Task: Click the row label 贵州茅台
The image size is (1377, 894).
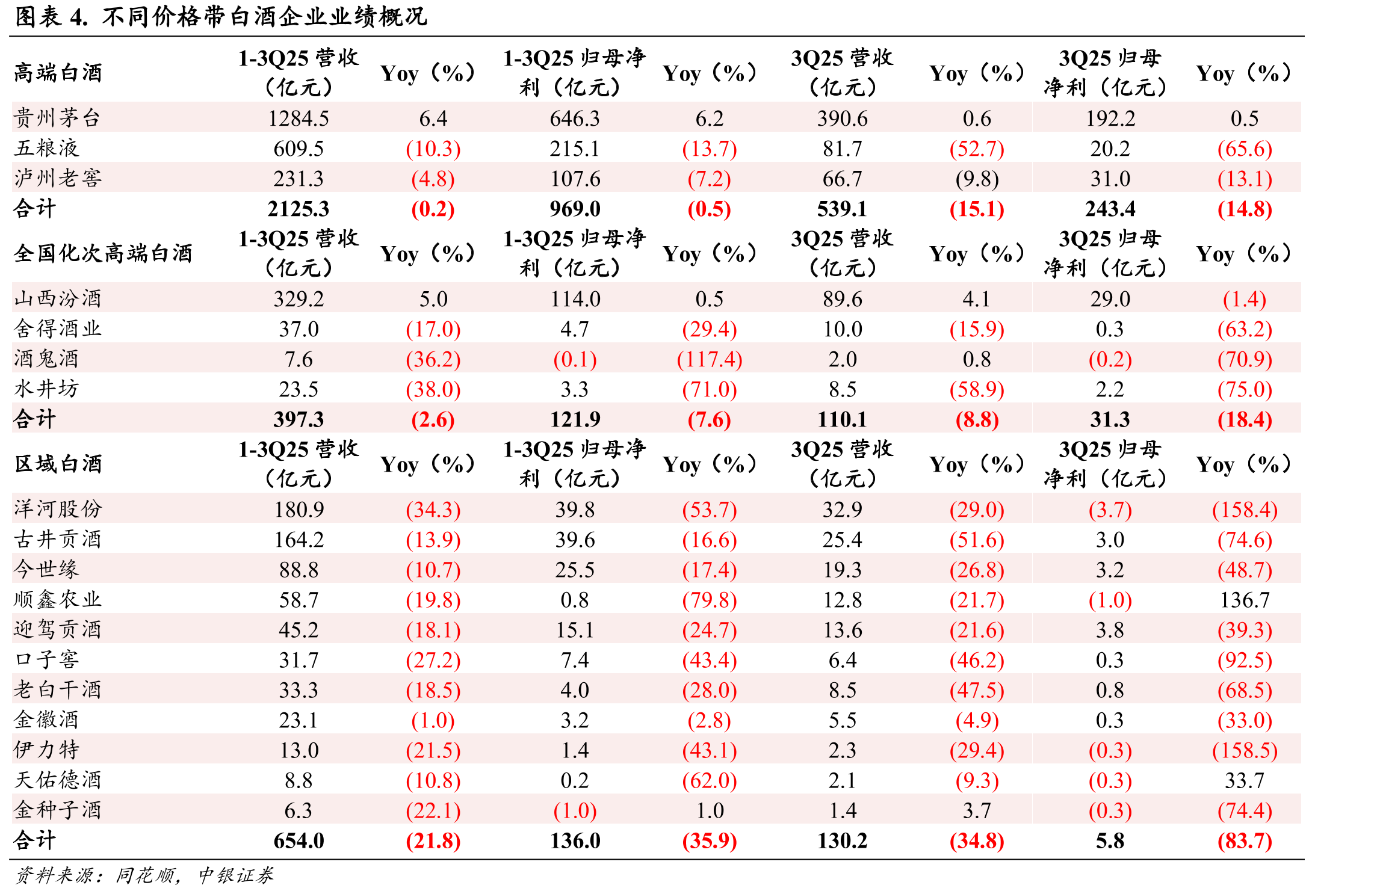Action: (57, 118)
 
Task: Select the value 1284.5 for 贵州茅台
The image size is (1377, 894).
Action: (299, 119)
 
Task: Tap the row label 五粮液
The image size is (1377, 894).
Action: (46, 148)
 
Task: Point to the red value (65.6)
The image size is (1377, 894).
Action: (1245, 149)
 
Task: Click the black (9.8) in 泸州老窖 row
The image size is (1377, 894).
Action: (977, 179)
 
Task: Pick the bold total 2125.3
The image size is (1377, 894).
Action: (299, 209)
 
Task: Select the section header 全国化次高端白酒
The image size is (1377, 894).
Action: (103, 253)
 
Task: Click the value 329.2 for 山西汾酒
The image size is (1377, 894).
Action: (299, 299)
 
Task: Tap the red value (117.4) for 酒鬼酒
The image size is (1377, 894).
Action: (710, 359)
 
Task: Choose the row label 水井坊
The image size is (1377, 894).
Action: (46, 389)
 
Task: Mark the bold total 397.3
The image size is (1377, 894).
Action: (299, 419)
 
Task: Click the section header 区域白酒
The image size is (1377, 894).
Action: (58, 464)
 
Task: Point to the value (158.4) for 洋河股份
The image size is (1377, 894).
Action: (1245, 510)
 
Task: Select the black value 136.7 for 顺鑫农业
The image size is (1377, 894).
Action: (1245, 600)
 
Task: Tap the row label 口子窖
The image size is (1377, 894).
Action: (46, 659)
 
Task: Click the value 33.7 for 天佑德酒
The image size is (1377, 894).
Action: (1245, 780)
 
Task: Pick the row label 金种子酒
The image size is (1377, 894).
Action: (57, 810)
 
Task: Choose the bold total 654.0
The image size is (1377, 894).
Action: (299, 840)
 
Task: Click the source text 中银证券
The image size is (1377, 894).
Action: (235, 875)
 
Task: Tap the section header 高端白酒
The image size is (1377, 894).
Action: (58, 73)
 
